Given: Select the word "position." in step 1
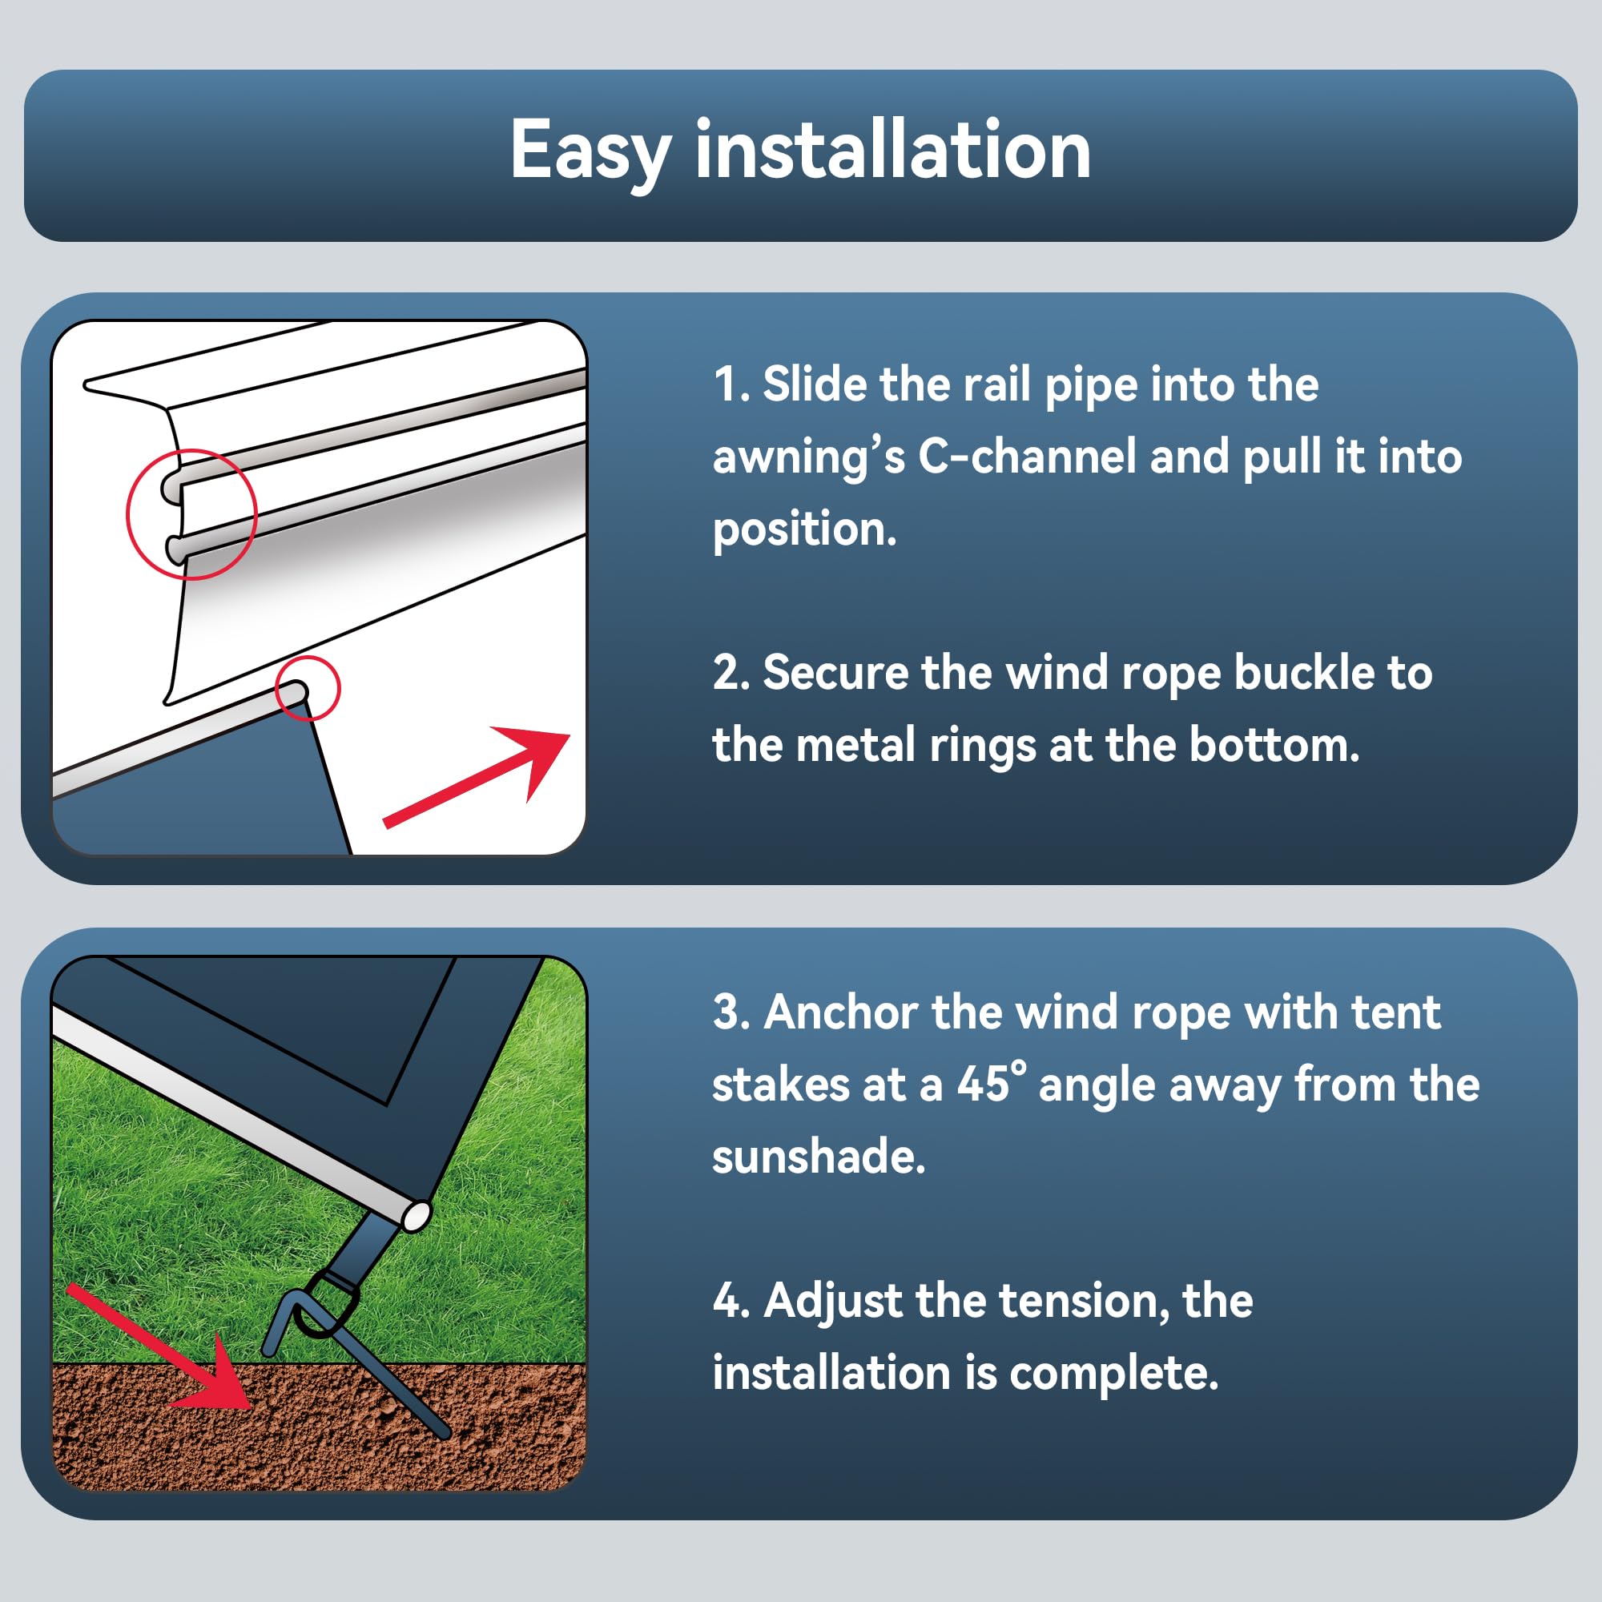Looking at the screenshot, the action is [x=804, y=529].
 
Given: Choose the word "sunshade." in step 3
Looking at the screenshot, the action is [x=819, y=1155].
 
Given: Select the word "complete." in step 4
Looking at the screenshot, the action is [x=1113, y=1373].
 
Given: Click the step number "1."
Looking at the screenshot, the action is [x=732, y=384].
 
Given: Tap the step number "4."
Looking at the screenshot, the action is [x=731, y=1300].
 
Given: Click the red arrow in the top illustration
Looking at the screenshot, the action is [x=477, y=777].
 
